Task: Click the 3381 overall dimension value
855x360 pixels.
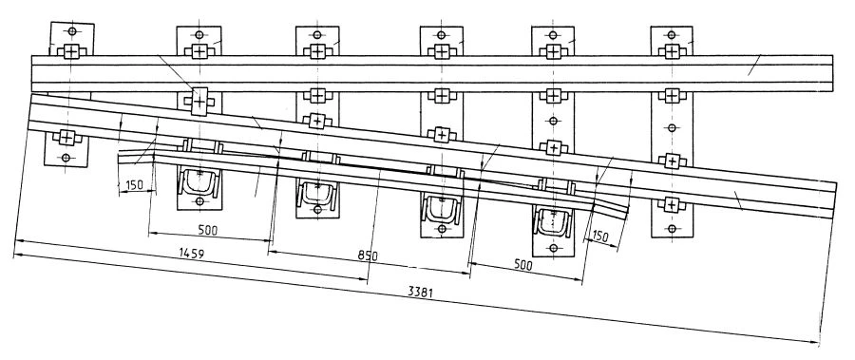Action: (x=421, y=292)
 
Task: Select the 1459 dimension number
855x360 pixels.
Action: (x=192, y=254)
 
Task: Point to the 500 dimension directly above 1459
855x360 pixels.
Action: (x=207, y=230)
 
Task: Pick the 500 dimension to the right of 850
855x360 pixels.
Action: (x=522, y=265)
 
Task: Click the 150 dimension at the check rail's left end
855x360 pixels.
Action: (x=134, y=184)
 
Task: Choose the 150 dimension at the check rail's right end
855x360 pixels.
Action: (x=599, y=237)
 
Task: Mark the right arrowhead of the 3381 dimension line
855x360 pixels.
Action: (x=815, y=343)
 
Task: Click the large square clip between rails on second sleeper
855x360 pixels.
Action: (x=199, y=101)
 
